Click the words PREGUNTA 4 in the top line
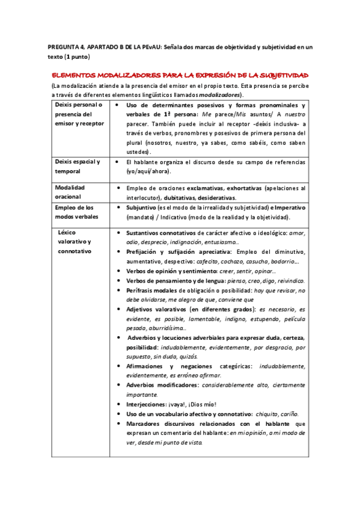67,46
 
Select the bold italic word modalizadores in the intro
221,95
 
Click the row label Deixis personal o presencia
79,114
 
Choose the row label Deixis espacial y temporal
78,167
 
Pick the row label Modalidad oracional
70,192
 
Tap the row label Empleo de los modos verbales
76,212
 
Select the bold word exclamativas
209,188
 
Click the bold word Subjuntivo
143,207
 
